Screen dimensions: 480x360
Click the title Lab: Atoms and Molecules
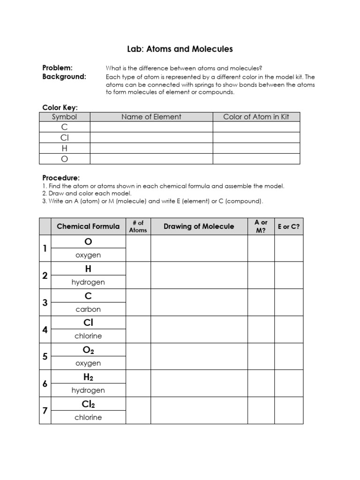(180, 49)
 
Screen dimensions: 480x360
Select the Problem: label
(58, 68)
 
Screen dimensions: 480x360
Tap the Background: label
(64, 77)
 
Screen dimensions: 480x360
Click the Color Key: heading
(60, 108)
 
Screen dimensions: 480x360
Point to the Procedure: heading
(61, 178)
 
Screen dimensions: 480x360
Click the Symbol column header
(64, 117)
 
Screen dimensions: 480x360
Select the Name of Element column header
(151, 117)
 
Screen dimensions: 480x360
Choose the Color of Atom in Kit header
(256, 117)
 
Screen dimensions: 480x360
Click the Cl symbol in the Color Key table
(64, 138)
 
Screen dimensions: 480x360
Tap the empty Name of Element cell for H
(151, 148)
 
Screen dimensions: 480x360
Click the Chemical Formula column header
(88, 226)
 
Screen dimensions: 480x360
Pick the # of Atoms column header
(138, 226)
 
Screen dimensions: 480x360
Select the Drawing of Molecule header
(199, 226)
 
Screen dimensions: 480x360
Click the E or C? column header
(289, 226)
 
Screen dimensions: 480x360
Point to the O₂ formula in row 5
(88, 351)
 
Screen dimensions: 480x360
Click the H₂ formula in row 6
(88, 377)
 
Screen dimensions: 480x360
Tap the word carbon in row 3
(88, 309)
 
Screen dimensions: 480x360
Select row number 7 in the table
(45, 411)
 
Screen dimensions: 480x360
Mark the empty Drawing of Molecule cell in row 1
(199, 248)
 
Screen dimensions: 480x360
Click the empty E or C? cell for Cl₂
(289, 411)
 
